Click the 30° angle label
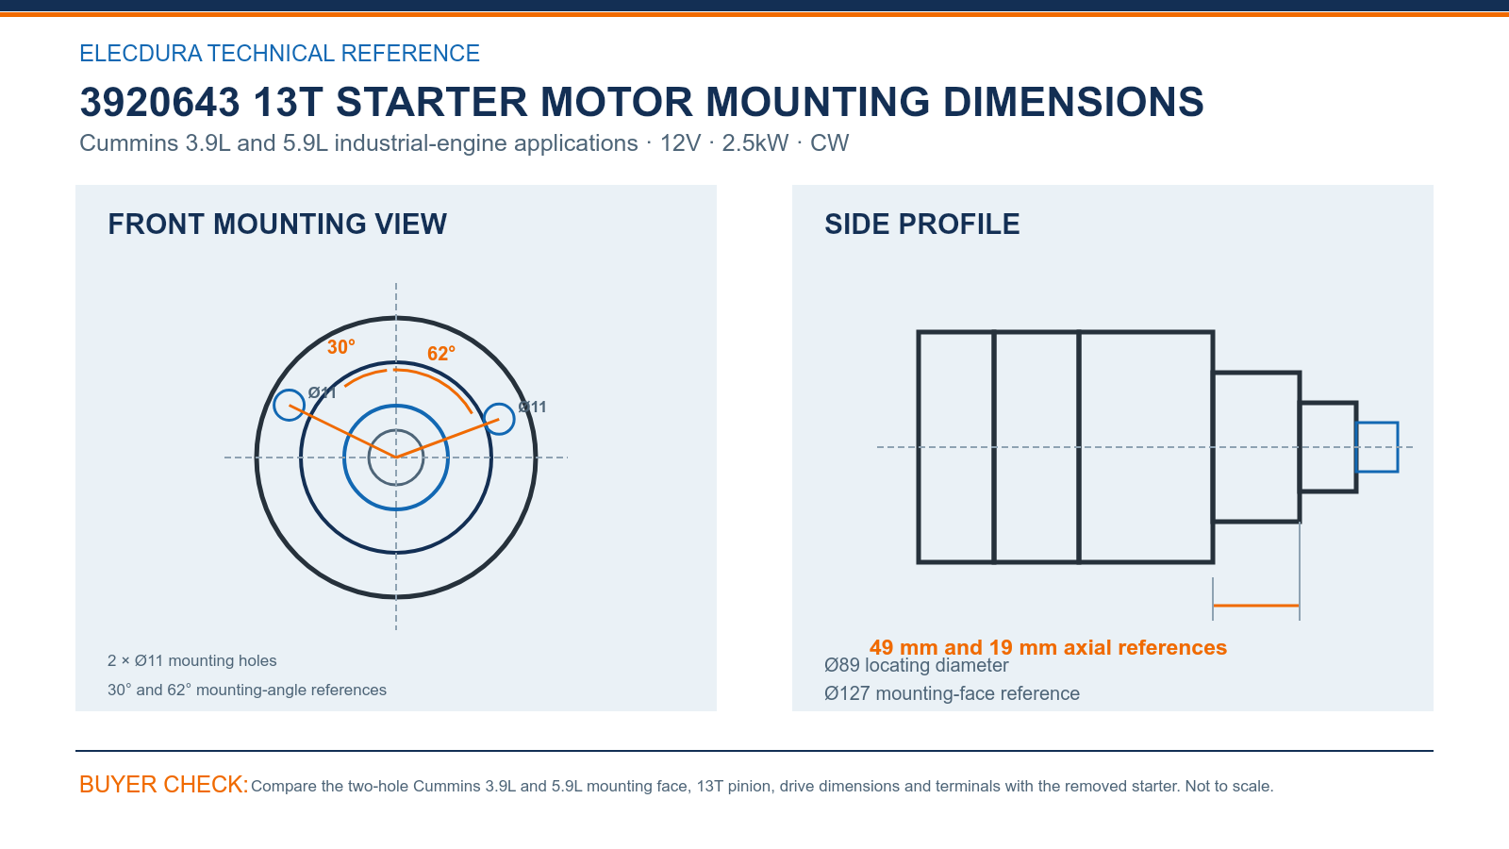coord(340,347)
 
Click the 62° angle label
coord(441,353)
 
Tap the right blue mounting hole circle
coord(499,403)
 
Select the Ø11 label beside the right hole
coord(532,407)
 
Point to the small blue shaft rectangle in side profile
coord(1377,424)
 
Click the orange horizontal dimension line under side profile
coord(1256,606)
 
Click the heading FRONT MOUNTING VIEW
coord(277,224)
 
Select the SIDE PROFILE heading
coord(922,224)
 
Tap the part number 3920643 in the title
coord(159,102)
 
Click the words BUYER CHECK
coord(164,784)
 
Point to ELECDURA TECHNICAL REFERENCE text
coord(279,53)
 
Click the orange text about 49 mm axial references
coord(1048,647)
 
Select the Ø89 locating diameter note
coord(916,665)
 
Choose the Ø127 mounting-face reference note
coord(952,693)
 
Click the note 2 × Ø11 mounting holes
coord(192,660)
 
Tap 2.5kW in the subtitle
coord(755,142)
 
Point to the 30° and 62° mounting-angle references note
coord(247,690)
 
